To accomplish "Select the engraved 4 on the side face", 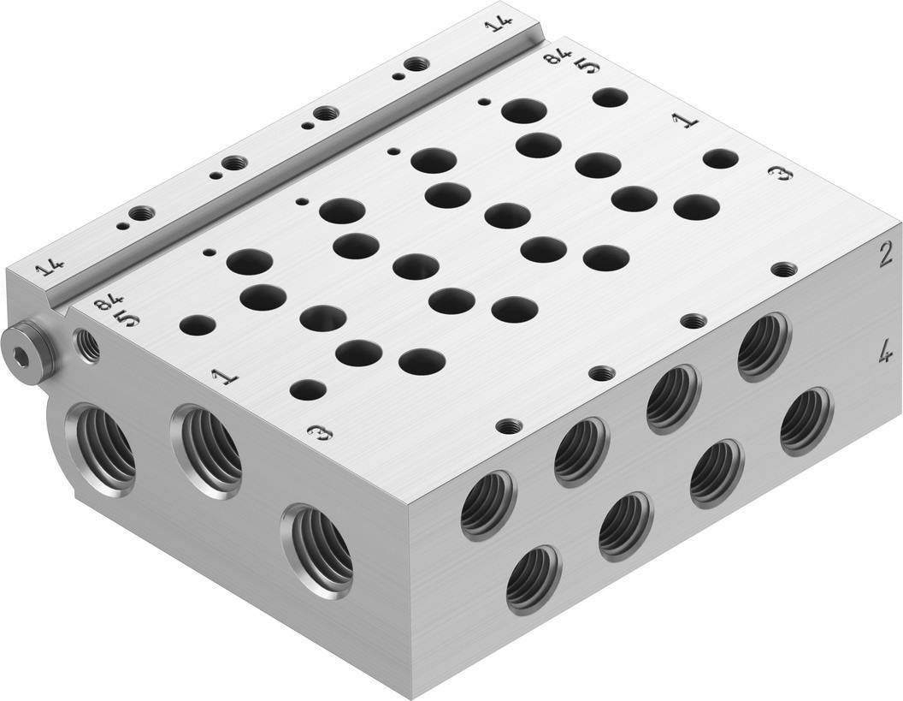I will [x=885, y=352].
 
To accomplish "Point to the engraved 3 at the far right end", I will [x=780, y=174].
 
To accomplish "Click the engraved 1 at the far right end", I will [x=687, y=121].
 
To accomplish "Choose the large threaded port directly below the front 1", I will [x=207, y=449].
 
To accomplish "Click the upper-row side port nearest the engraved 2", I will [x=764, y=346].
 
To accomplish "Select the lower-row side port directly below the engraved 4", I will [x=806, y=420].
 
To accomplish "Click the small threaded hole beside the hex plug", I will [x=88, y=346].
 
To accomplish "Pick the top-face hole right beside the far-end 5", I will [x=610, y=97].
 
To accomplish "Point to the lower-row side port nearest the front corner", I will [x=534, y=580].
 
